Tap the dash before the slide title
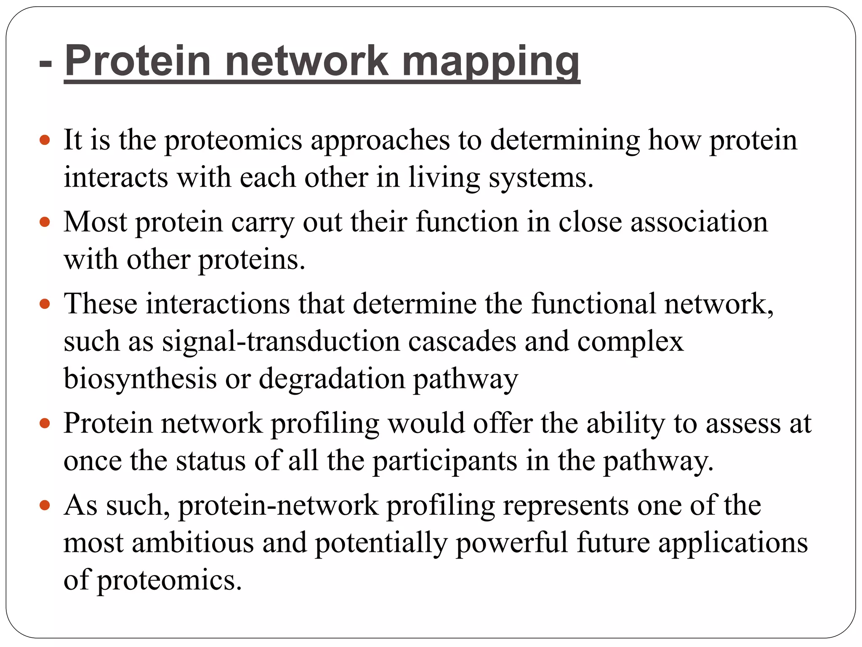45,63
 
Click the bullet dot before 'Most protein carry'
45,222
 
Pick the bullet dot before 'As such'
45,505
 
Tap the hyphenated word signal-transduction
281,341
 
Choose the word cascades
462,341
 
